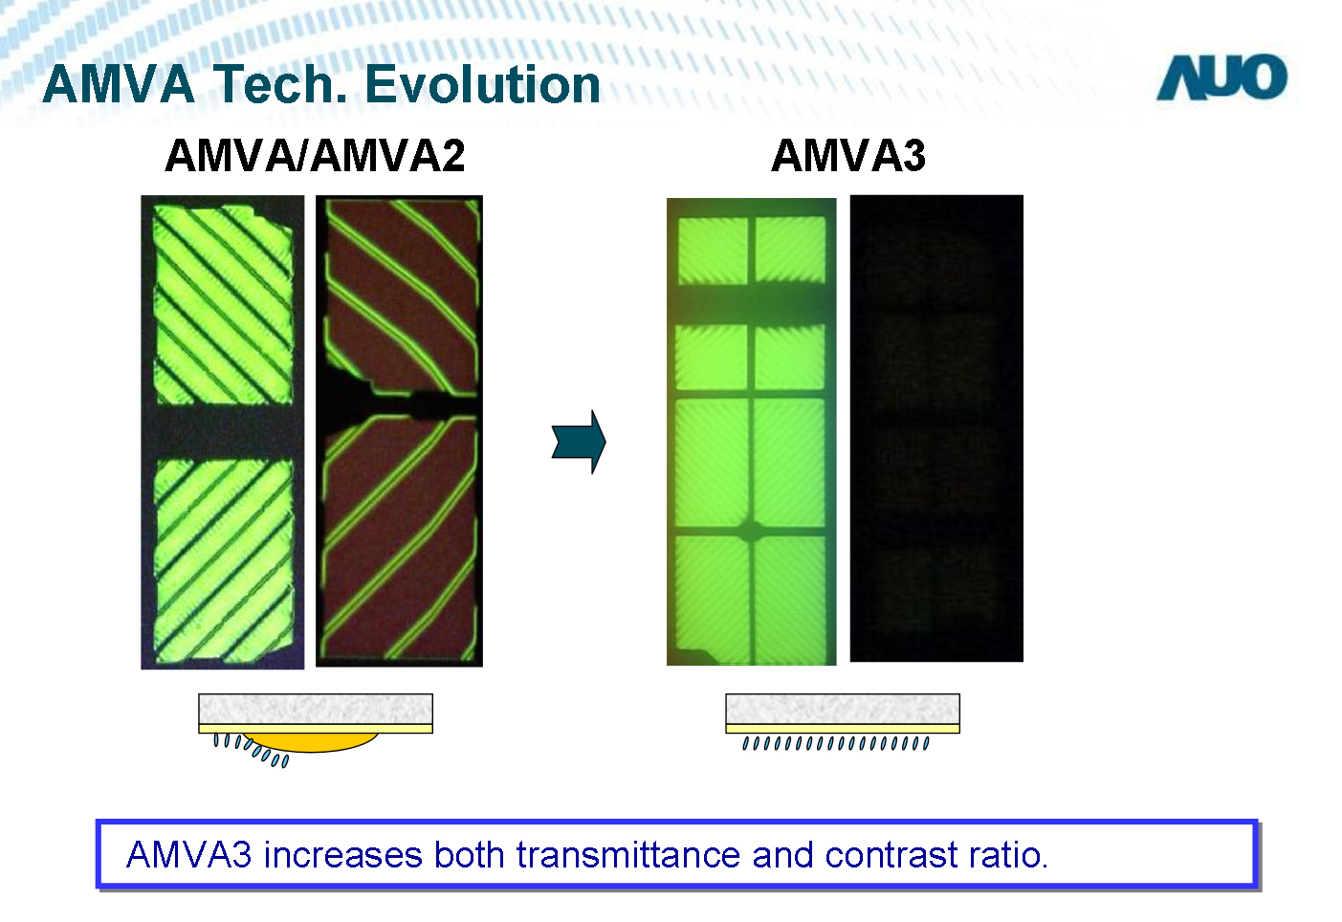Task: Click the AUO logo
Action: [x=1221, y=77]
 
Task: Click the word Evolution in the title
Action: [x=482, y=84]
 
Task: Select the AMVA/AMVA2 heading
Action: [x=315, y=156]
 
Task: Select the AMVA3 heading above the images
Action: [x=848, y=156]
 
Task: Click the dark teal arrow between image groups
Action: [x=579, y=442]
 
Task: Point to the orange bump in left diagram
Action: [x=310, y=741]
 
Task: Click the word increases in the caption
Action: [x=342, y=854]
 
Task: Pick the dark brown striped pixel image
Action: [x=399, y=430]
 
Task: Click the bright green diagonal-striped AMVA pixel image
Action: [x=222, y=432]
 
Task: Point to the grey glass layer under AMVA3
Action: [x=843, y=709]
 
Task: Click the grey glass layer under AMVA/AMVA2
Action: [x=316, y=709]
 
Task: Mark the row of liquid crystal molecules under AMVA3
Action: [x=836, y=743]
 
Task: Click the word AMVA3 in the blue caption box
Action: [x=188, y=854]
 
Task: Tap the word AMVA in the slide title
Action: [x=119, y=84]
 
